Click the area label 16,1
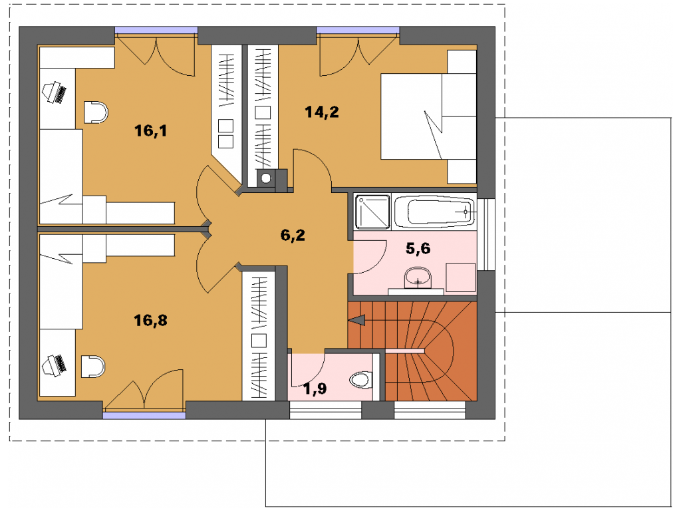(x=150, y=130)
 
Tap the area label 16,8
(x=150, y=321)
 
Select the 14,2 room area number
(x=322, y=112)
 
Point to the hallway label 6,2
(x=293, y=235)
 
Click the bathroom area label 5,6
(x=418, y=249)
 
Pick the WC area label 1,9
(x=315, y=389)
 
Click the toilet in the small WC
(x=361, y=379)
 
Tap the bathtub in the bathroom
(x=434, y=212)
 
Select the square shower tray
(x=372, y=212)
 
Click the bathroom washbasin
(x=418, y=278)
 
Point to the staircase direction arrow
(x=357, y=321)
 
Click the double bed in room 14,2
(x=428, y=116)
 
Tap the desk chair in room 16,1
(x=95, y=112)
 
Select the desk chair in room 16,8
(x=93, y=367)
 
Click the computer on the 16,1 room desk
(x=55, y=92)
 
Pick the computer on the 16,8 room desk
(x=55, y=365)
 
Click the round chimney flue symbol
(x=266, y=177)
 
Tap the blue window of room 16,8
(x=144, y=415)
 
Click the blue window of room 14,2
(x=358, y=29)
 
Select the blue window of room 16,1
(x=156, y=29)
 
